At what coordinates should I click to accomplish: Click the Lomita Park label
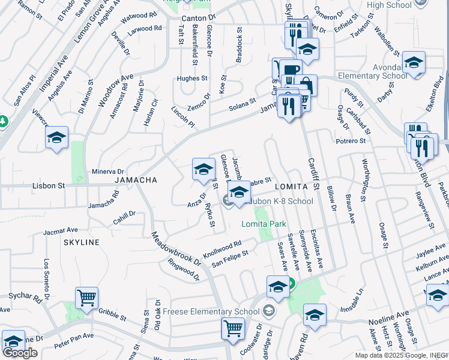click(x=264, y=224)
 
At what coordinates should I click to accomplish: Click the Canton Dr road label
click(x=197, y=19)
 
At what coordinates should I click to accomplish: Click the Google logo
click(x=20, y=353)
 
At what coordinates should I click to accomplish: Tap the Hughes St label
click(x=191, y=78)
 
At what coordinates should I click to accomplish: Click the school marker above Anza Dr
click(x=203, y=169)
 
